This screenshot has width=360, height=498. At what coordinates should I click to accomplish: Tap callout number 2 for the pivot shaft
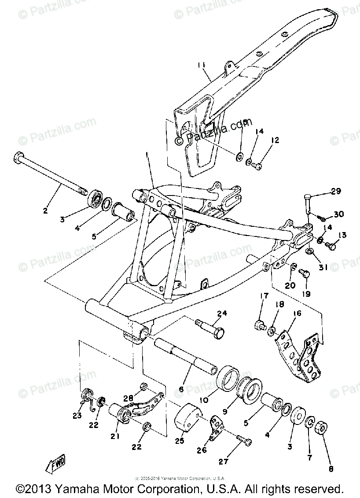click(45, 210)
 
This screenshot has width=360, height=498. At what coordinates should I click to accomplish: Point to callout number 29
click(336, 191)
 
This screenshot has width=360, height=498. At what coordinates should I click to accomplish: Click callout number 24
click(222, 314)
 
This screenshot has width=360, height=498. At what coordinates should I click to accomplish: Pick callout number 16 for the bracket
click(298, 313)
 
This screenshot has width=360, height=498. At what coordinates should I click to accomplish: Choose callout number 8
click(330, 469)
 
